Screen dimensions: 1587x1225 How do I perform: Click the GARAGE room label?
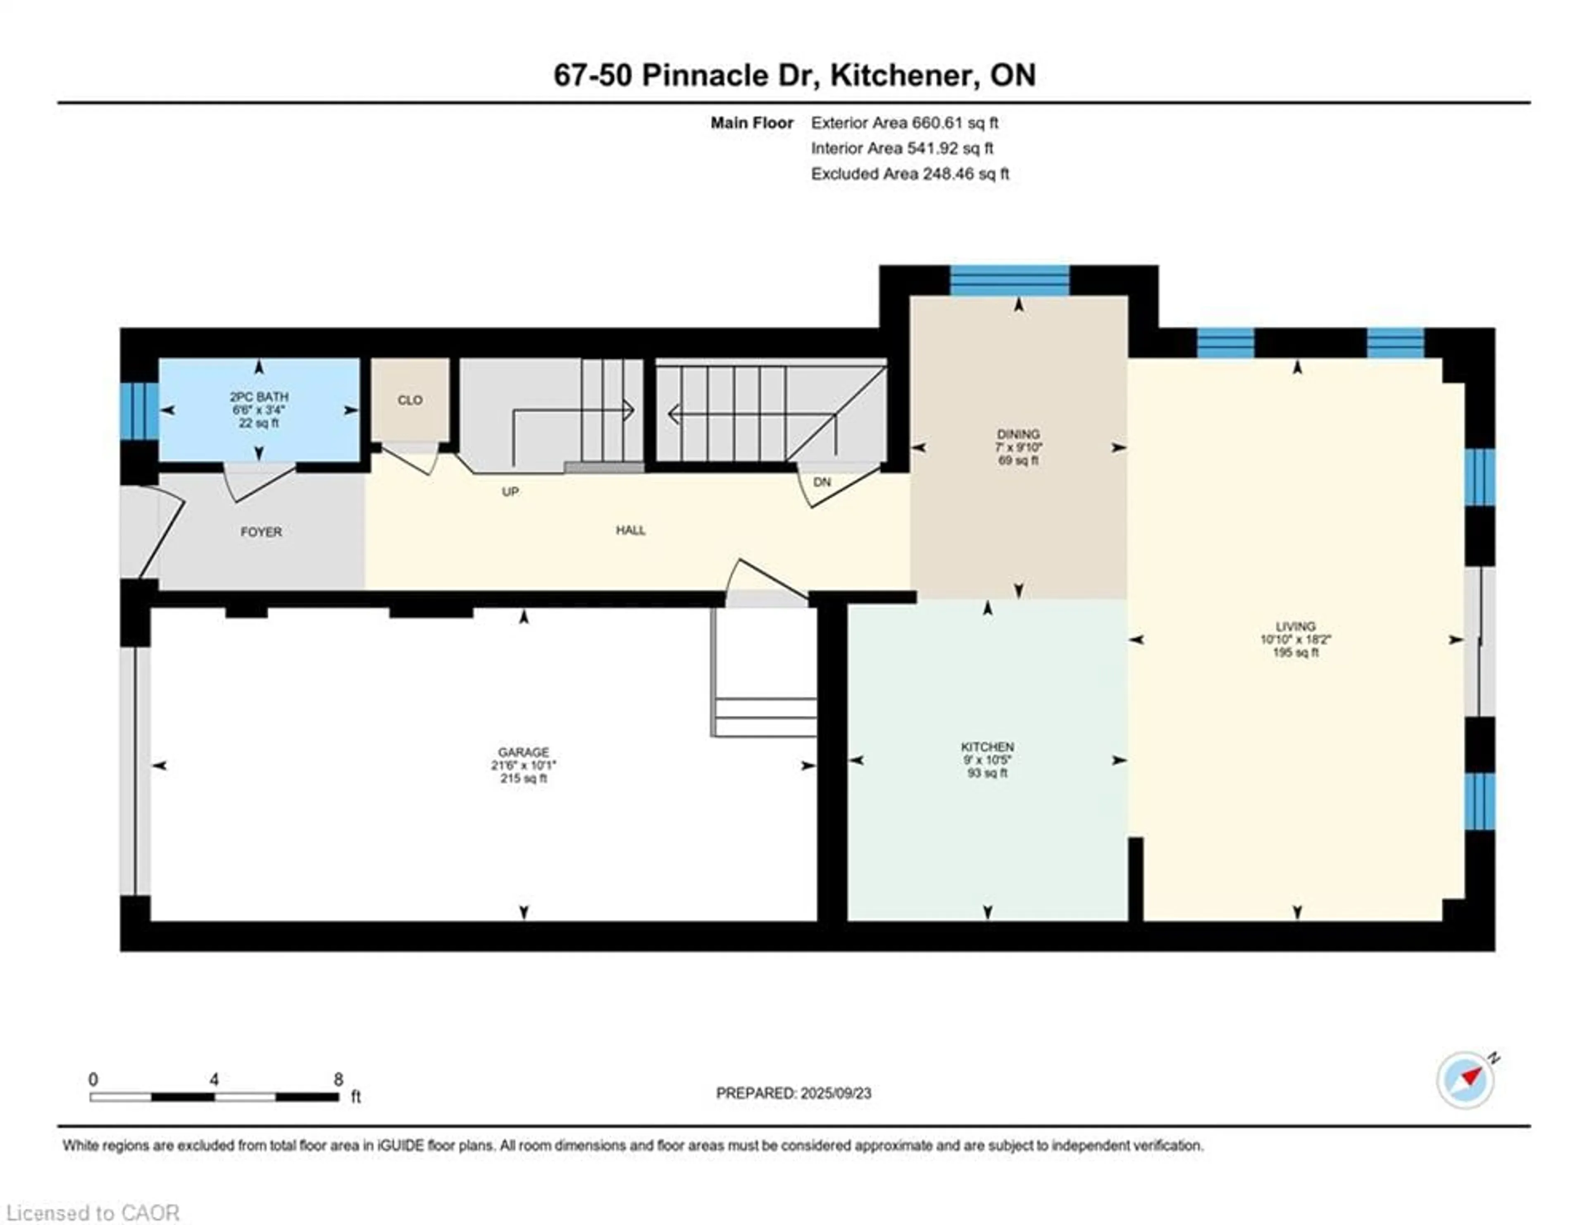coord(523,752)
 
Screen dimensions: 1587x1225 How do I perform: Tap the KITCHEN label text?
coord(987,747)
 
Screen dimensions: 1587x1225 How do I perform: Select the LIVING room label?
coord(1296,626)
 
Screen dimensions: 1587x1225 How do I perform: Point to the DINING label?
coord(1018,434)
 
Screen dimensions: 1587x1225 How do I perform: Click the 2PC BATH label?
coord(260,397)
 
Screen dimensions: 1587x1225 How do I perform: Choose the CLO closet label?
coord(410,400)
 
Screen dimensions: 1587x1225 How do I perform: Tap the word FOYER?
coord(261,532)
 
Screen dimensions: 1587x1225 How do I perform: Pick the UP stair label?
coord(510,492)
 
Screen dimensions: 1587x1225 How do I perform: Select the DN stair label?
coord(822,482)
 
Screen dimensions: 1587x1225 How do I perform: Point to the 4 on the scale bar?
coord(214,1080)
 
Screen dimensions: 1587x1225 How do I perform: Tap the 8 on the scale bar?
coord(338,1080)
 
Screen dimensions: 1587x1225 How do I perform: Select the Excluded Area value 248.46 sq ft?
coord(966,174)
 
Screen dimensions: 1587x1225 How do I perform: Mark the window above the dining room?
coord(1010,281)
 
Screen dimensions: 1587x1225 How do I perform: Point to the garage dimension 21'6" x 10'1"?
coord(523,765)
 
